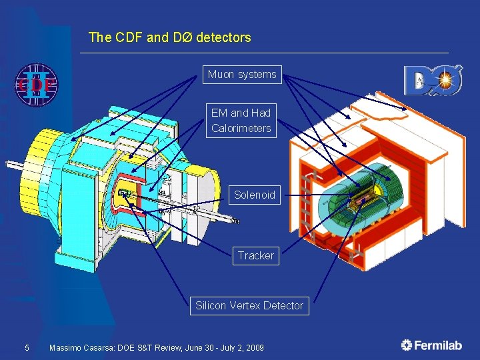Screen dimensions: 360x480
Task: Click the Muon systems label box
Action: click(x=242, y=75)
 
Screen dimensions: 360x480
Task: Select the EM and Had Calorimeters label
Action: click(x=241, y=121)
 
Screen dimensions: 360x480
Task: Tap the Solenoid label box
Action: click(x=254, y=195)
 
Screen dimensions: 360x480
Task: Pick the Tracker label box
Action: click(x=256, y=255)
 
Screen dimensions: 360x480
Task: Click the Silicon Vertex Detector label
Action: click(x=249, y=306)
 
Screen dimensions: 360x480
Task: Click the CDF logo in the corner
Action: click(x=36, y=85)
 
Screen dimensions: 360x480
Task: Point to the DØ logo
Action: click(x=433, y=81)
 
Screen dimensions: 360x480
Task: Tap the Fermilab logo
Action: click(x=431, y=345)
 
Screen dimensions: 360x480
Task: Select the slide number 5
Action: click(x=27, y=348)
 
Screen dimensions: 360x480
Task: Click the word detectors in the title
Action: click(x=223, y=38)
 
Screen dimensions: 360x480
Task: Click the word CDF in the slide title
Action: click(x=126, y=38)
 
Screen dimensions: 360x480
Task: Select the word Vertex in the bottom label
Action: click(x=247, y=306)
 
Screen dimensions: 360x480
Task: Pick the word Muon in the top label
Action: click(x=221, y=75)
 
